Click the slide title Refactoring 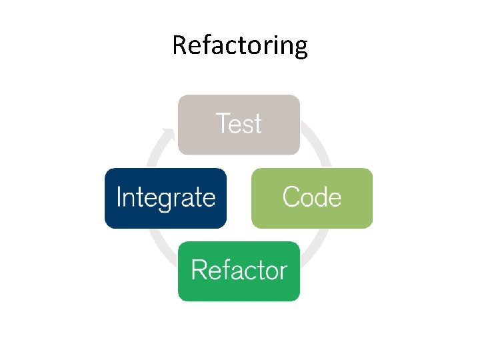coord(240,45)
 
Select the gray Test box coord(239,125)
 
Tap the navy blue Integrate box coord(165,198)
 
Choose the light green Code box coord(311,198)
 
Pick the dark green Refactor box coord(239,271)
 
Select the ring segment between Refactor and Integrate coord(160,247)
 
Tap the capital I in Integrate coord(119,197)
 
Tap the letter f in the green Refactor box coord(225,270)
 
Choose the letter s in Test coord(246,126)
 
